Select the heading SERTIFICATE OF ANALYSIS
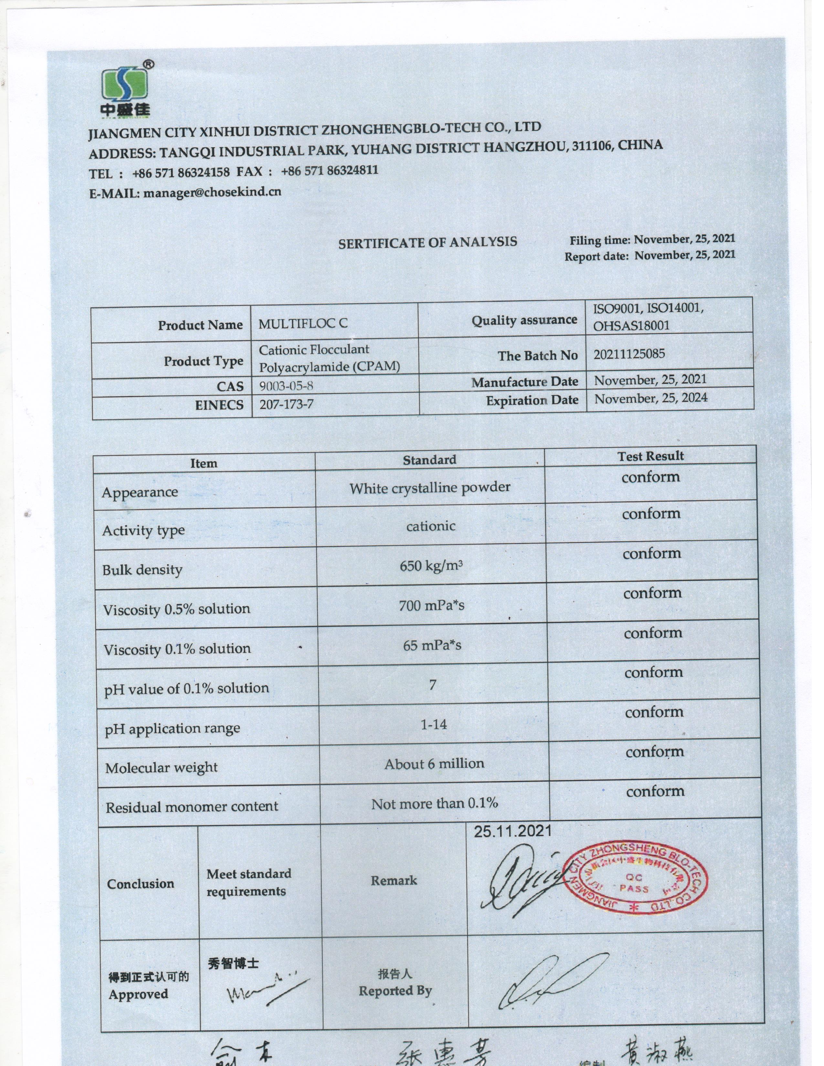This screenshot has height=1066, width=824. click(x=428, y=243)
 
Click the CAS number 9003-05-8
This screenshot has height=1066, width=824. click(x=286, y=386)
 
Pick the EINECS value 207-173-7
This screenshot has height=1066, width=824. click(x=286, y=404)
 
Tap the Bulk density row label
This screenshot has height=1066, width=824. click(x=142, y=570)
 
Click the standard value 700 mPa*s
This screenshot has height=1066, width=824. click(x=431, y=606)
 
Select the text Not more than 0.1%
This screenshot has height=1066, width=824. click(x=434, y=803)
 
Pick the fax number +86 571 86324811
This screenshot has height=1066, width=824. click(x=330, y=171)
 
